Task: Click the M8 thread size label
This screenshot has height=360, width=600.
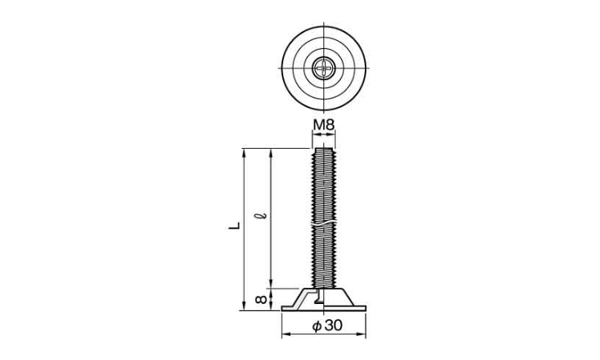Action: click(x=324, y=124)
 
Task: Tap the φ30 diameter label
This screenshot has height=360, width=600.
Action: click(x=327, y=326)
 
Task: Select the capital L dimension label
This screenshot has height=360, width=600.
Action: click(x=234, y=226)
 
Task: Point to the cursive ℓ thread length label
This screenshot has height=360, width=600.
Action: click(x=262, y=216)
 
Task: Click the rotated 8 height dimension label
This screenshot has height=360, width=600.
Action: click(x=261, y=299)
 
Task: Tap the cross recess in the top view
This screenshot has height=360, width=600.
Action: click(x=324, y=69)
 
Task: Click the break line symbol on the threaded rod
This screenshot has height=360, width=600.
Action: click(x=324, y=223)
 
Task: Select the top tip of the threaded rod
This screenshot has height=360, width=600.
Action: click(x=324, y=149)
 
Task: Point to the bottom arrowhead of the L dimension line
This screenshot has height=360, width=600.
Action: click(x=244, y=306)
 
